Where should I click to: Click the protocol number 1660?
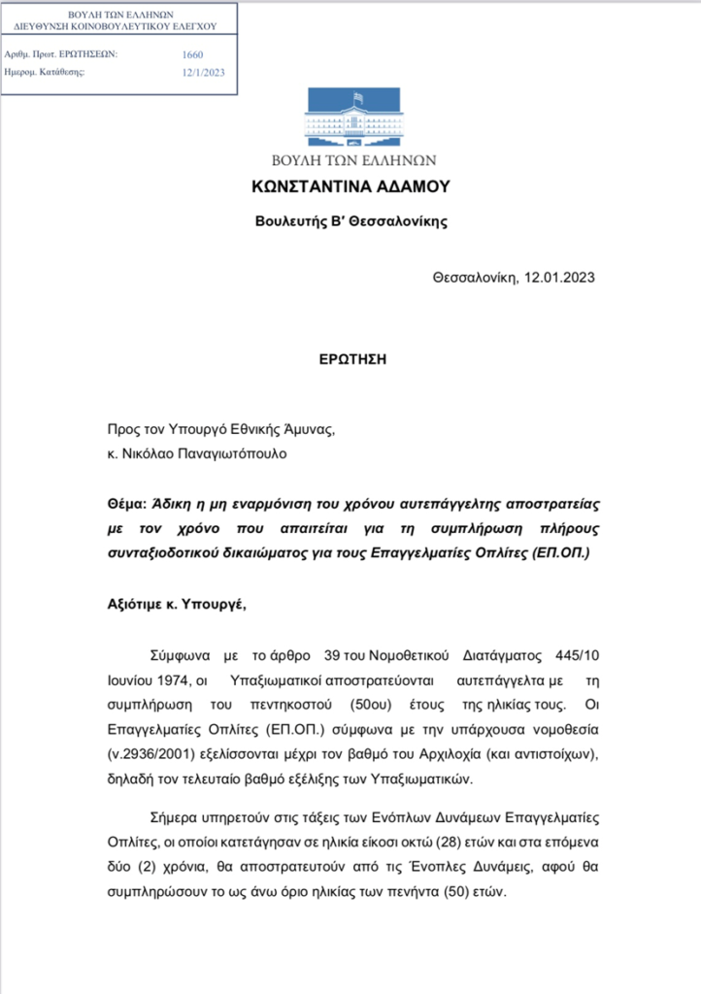[x=192, y=55]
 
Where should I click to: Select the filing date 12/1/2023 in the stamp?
[x=203, y=73]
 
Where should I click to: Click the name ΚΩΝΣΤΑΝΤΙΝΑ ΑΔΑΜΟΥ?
[x=350, y=185]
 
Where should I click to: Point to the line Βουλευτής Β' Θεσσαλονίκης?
[x=350, y=220]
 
